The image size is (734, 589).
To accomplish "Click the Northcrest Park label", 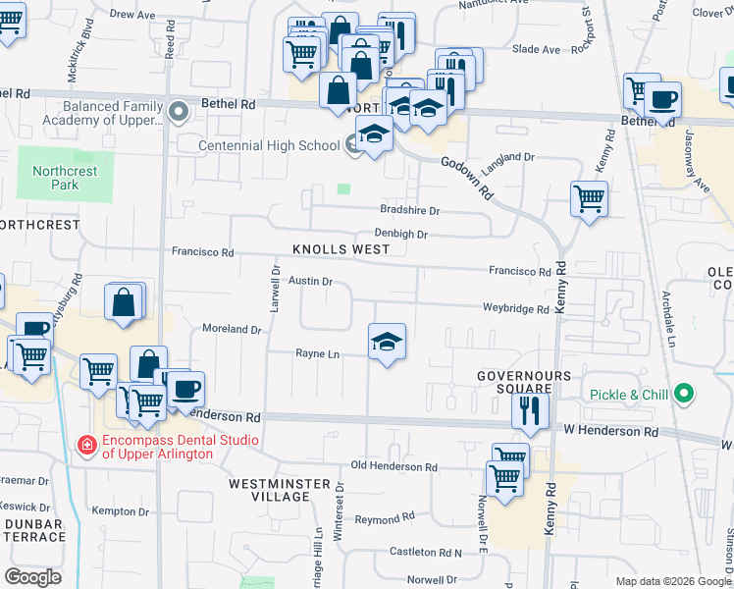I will [x=65, y=177].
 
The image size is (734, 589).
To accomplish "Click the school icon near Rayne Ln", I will [x=387, y=343].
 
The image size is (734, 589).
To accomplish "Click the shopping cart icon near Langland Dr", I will [x=589, y=199].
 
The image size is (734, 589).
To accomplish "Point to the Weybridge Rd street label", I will [x=515, y=308].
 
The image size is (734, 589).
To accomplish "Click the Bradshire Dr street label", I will [x=410, y=210].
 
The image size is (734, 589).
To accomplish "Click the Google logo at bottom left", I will [x=32, y=576].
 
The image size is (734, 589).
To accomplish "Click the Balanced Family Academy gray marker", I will [x=179, y=113].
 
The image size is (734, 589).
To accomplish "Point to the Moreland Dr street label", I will [x=232, y=329].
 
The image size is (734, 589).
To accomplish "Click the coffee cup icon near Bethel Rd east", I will [x=662, y=99].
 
